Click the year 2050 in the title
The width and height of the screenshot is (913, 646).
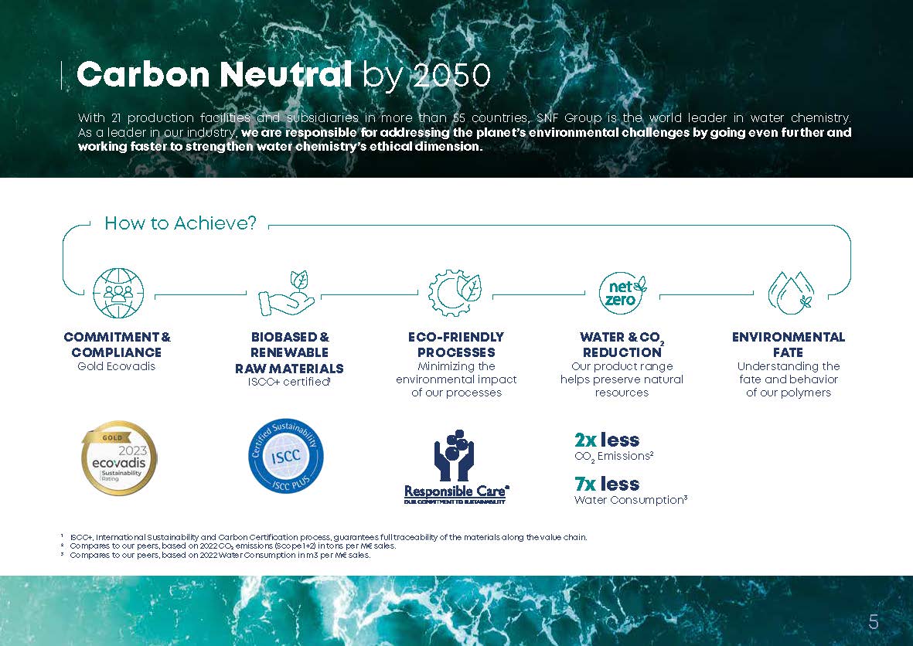point(451,75)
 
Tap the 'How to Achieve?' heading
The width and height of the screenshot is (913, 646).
point(180,223)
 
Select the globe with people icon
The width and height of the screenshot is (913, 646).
point(118,293)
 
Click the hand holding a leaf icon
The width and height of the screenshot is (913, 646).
point(287,294)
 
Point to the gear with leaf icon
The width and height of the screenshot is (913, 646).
point(455,293)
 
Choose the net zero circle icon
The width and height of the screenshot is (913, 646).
point(622,293)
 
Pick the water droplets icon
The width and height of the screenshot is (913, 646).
point(791,293)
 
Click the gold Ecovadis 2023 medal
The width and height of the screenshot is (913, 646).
point(119,458)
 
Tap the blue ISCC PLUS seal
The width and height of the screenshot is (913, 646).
point(286,457)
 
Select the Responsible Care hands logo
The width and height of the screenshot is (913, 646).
point(455,467)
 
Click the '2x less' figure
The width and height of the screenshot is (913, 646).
point(607,440)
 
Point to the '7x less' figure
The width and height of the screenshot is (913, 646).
point(607,484)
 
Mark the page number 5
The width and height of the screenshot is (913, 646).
point(874,622)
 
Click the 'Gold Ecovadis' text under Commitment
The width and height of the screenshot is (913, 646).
point(117,366)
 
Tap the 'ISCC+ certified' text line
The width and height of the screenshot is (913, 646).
point(289,382)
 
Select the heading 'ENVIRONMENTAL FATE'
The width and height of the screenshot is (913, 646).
point(789,345)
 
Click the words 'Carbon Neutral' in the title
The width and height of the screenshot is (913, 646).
point(214,74)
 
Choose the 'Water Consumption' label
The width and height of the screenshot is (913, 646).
point(629,500)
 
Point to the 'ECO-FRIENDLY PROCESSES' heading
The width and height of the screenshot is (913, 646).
point(456,345)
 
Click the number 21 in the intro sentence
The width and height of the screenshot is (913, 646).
point(116,118)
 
